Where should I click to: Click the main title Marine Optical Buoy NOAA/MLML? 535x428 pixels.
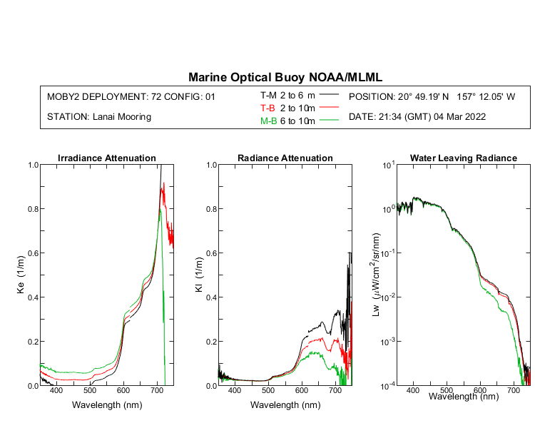point(290,76)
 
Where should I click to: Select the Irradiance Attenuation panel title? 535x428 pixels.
point(106,158)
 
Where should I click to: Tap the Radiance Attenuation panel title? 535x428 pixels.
point(285,158)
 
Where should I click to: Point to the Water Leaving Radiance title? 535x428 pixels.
point(463,158)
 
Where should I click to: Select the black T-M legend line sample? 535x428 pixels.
point(329,95)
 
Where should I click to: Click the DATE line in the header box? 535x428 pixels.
point(417,116)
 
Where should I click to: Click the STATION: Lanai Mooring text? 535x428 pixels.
point(99,116)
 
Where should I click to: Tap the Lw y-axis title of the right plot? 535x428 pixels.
point(377,275)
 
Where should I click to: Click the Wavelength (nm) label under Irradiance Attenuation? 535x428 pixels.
point(106,404)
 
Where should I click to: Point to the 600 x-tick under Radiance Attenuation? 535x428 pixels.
point(302,392)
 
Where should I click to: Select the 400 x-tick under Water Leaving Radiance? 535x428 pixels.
point(413,392)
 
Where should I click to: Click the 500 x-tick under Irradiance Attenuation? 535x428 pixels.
point(89,392)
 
